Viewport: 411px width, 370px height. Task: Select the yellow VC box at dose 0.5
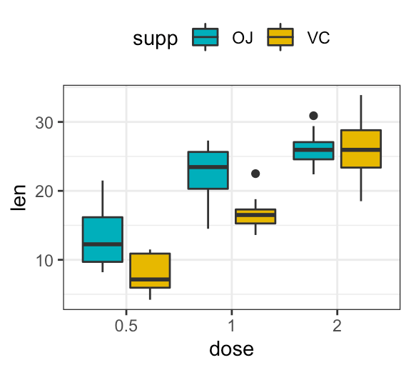149,270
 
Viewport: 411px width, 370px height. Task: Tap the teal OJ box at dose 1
208,170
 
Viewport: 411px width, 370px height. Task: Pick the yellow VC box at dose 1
255,216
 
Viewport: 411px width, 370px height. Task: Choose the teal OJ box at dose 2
313,151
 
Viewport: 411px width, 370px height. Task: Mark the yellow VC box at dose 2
360,149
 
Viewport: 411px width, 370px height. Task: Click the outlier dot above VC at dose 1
255,174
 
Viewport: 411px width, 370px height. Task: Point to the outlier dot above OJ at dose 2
313,116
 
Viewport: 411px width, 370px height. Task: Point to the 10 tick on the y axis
45,260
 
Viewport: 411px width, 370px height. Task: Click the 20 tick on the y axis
45,191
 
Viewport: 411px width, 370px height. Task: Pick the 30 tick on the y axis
45,122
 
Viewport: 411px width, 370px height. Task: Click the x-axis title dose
231,350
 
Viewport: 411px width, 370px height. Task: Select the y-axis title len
21,198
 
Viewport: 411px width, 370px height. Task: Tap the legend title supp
155,39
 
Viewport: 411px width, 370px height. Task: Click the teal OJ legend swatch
205,36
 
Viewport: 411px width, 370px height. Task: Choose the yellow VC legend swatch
280,36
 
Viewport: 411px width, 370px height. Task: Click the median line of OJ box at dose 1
208,166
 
